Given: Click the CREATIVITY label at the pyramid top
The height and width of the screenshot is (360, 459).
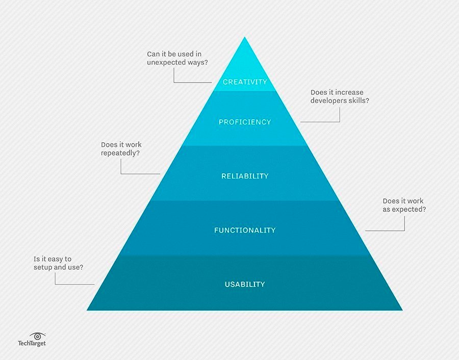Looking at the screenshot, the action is click(245, 82).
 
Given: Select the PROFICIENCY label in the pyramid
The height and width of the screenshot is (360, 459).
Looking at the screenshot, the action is click(245, 122).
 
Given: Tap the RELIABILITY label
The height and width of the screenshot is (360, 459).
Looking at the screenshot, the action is click(245, 176).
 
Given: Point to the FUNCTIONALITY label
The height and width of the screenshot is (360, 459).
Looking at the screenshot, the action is click(245, 230).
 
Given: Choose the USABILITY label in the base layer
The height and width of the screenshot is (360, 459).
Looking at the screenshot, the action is click(245, 284).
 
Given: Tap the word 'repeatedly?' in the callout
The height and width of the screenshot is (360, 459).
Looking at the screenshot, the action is click(120, 153).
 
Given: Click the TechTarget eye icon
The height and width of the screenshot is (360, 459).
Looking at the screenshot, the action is click(37, 337).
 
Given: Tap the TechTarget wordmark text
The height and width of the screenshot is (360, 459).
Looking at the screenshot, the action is click(32, 343).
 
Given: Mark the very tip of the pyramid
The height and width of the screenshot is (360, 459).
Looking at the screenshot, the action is click(245, 37).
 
